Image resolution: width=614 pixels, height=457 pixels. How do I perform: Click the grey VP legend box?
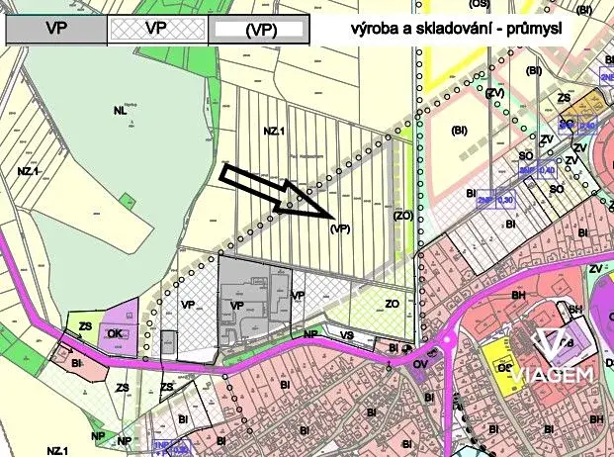(56, 29)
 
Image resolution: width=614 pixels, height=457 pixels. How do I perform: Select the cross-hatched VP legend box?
(155, 29)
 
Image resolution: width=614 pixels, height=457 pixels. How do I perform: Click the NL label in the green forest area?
(120, 111)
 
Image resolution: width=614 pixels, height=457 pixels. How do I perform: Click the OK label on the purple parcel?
(115, 333)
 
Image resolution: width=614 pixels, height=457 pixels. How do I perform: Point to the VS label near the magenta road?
(346, 335)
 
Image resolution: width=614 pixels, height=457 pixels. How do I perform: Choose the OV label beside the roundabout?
(419, 363)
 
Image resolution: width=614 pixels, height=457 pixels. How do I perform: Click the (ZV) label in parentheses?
(494, 93)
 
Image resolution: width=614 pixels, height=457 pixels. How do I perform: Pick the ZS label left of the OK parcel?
(85, 325)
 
